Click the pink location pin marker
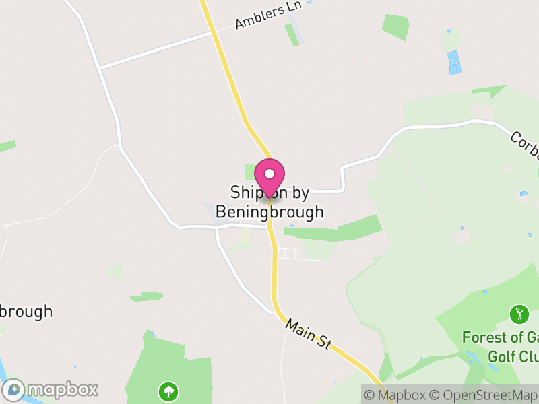[x=269, y=176]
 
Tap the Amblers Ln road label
[x=268, y=15]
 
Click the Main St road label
[x=309, y=334]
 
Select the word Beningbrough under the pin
[x=269, y=212]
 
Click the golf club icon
[x=519, y=314]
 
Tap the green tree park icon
[x=167, y=390]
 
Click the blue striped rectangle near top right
[x=455, y=62]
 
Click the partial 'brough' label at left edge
[x=26, y=312]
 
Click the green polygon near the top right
[x=395, y=27]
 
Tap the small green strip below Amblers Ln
[x=292, y=34]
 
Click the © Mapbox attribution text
[x=394, y=395]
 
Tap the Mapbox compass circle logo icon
[x=14, y=390]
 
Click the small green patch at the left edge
[x=7, y=146]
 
